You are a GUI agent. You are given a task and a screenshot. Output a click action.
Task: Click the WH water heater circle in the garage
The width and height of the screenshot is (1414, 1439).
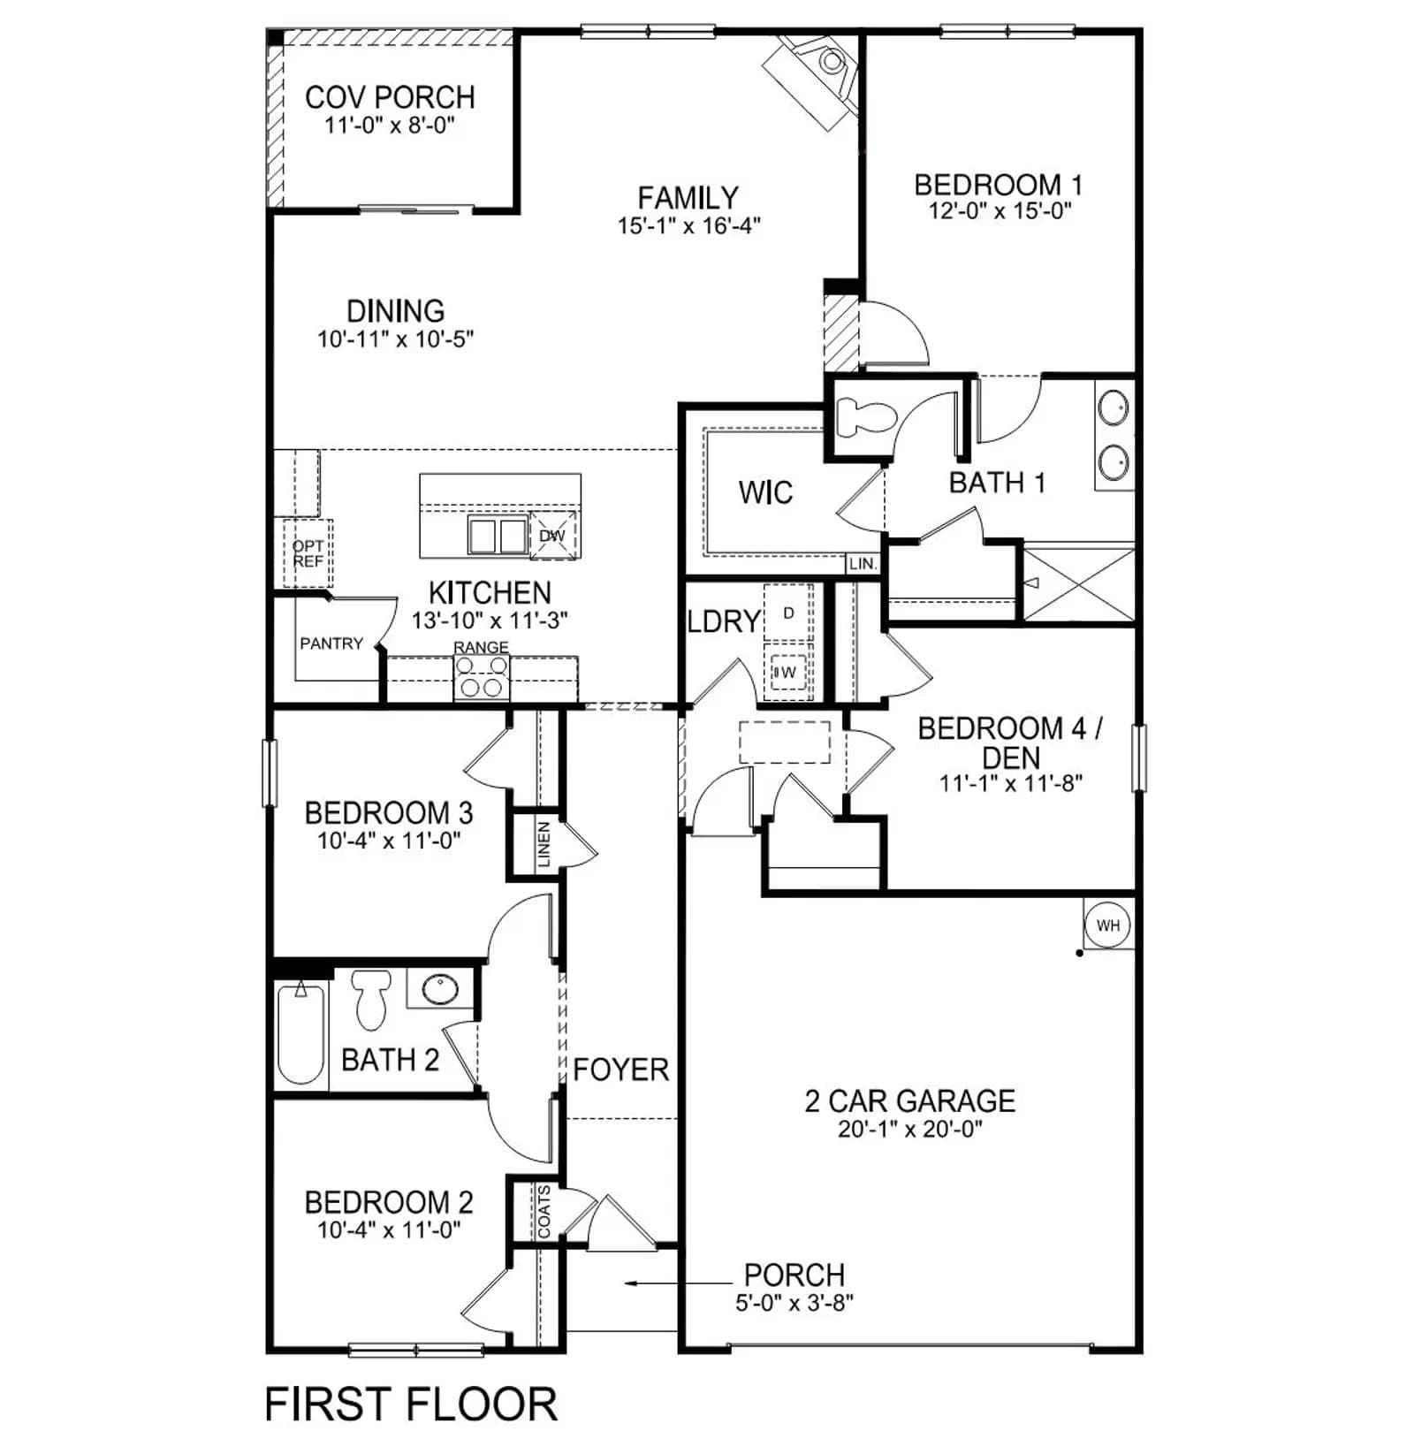(1107, 925)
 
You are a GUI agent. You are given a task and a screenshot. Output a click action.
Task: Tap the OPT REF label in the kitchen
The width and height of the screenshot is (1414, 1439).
(308, 553)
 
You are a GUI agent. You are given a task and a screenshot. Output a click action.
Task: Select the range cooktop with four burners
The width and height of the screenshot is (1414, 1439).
(482, 679)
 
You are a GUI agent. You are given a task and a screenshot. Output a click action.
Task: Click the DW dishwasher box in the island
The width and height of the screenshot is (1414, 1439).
(553, 536)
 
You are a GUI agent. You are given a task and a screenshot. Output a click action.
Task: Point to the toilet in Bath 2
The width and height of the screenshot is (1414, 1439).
(371, 999)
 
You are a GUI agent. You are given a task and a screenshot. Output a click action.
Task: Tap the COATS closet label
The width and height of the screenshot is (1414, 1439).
(544, 1212)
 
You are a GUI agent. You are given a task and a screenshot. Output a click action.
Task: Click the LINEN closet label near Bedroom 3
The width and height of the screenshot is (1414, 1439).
(544, 844)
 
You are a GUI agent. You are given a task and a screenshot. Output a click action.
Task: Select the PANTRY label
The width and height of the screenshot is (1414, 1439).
(331, 643)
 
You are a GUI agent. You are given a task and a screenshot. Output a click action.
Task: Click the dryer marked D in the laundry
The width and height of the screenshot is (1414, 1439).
(788, 613)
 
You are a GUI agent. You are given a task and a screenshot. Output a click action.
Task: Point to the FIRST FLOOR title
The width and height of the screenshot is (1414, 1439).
(411, 1405)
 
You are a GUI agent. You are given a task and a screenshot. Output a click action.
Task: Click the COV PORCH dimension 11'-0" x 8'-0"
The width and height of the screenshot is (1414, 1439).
(390, 125)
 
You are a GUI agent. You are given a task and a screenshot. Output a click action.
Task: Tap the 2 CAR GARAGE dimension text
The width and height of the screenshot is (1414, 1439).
(910, 1129)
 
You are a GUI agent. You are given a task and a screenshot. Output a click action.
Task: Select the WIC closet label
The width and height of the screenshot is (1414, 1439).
(765, 492)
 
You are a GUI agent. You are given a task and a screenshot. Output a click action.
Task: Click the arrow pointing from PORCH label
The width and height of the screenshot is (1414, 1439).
(678, 1283)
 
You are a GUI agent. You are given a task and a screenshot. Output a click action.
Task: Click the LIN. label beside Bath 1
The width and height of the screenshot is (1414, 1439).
(862, 564)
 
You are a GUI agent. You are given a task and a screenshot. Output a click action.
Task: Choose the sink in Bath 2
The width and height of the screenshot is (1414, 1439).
(440, 989)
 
